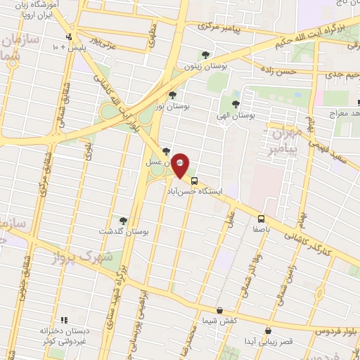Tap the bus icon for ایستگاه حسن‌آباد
pos(195,180)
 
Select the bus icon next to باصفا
pos(261,219)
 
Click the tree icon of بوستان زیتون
pos(205,54)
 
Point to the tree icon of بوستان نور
pos(173,94)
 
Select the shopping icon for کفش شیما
pos(220,309)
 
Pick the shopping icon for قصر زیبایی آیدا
pos(268,330)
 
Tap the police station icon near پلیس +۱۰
pos(68,37)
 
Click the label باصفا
pos(261,229)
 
